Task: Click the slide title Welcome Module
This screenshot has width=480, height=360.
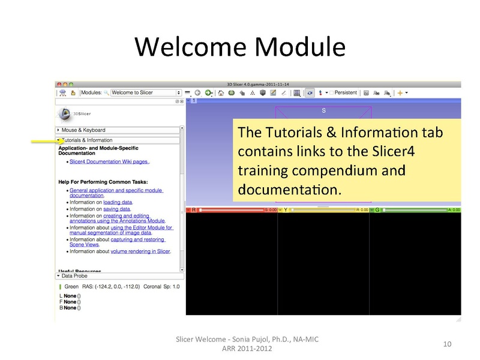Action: coord(239,46)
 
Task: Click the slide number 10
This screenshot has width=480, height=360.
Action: coord(446,344)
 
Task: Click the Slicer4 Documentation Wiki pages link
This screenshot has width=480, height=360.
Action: coord(109,161)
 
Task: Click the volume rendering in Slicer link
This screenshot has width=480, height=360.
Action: coord(140,251)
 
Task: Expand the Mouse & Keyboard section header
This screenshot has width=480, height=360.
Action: coord(84,130)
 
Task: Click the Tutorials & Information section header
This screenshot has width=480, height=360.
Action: coord(88,140)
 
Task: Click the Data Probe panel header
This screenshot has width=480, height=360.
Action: coord(74,276)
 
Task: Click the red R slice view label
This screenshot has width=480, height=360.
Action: coord(193,210)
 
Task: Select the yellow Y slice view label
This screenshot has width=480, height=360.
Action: coord(285,210)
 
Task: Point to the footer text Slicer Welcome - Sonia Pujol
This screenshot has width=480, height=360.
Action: coord(246,340)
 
